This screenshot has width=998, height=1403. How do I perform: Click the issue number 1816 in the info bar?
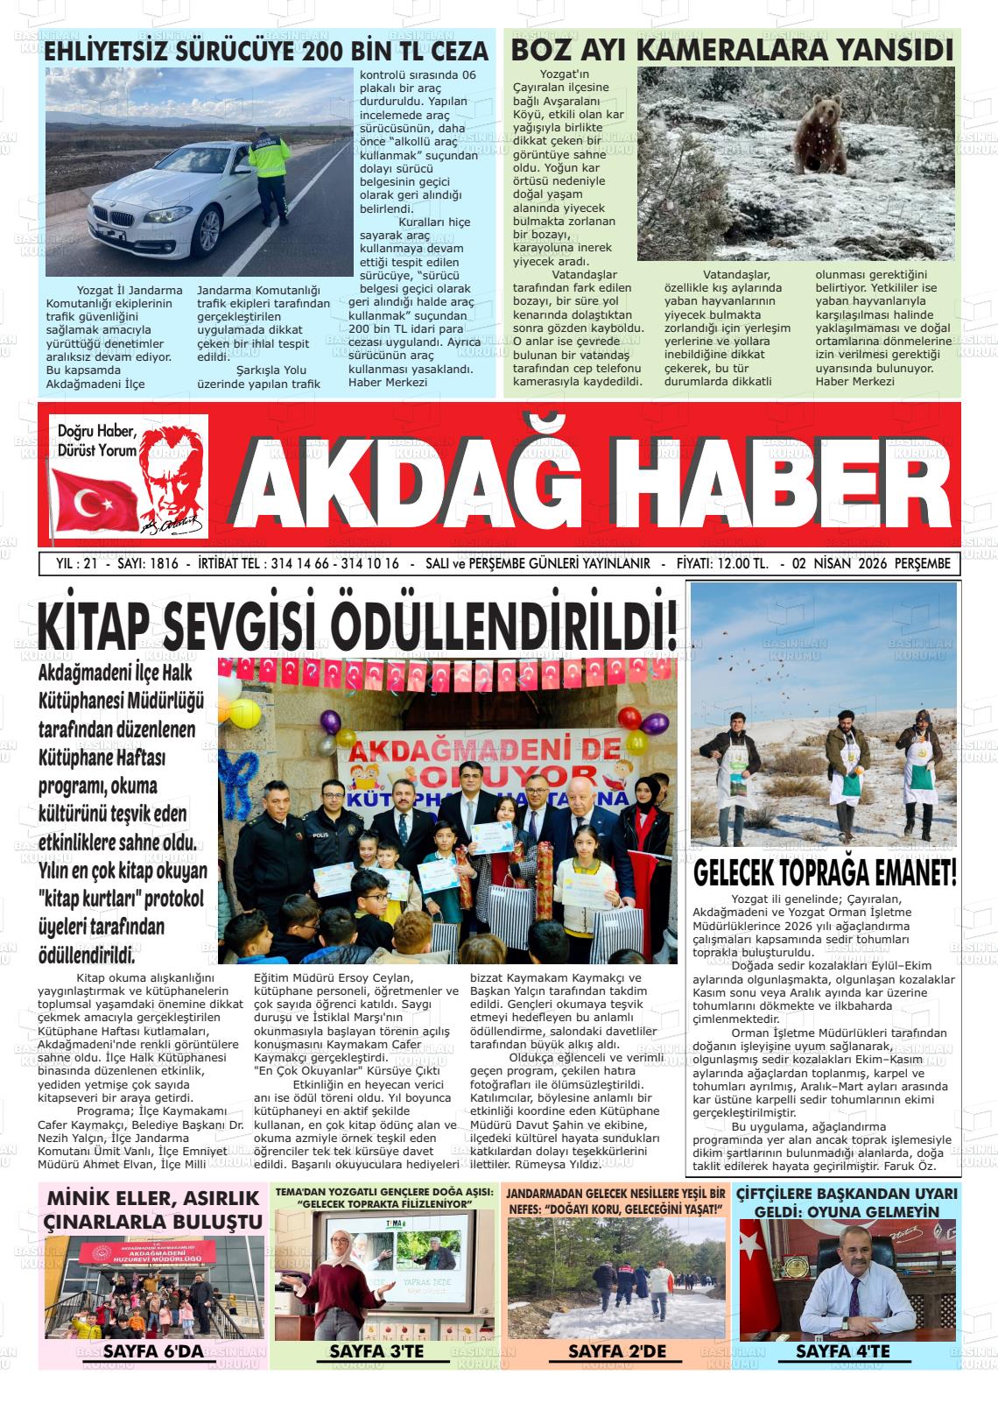tap(164, 564)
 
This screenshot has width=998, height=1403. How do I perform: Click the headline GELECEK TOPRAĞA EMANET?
tap(825, 873)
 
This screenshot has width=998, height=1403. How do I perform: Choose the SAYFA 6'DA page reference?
tap(152, 1351)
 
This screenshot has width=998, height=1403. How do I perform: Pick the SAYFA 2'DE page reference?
tap(617, 1351)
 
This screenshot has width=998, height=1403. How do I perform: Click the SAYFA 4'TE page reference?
tap(842, 1351)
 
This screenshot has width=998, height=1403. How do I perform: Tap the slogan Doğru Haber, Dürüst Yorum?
tap(97, 441)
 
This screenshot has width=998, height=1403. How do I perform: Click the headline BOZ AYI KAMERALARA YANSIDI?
tap(732, 50)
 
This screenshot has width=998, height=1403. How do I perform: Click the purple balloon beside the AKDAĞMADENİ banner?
tap(331, 723)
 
